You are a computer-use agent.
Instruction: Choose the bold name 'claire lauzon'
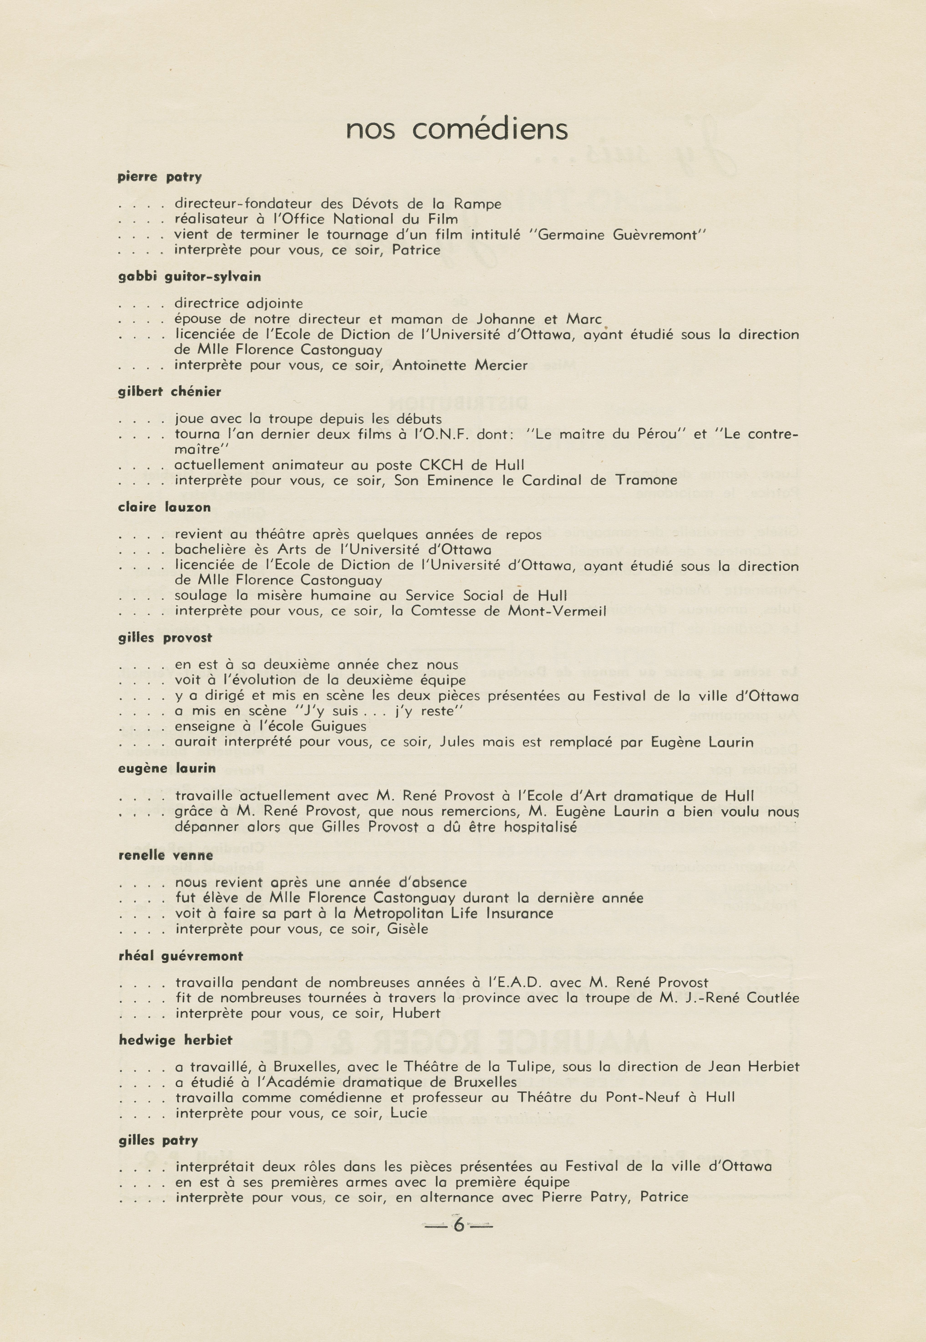pos(164,507)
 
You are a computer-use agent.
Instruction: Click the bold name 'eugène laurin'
pos(167,768)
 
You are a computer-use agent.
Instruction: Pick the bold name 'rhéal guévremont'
pos(180,956)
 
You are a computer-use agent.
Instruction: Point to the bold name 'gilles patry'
pos(159,1141)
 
